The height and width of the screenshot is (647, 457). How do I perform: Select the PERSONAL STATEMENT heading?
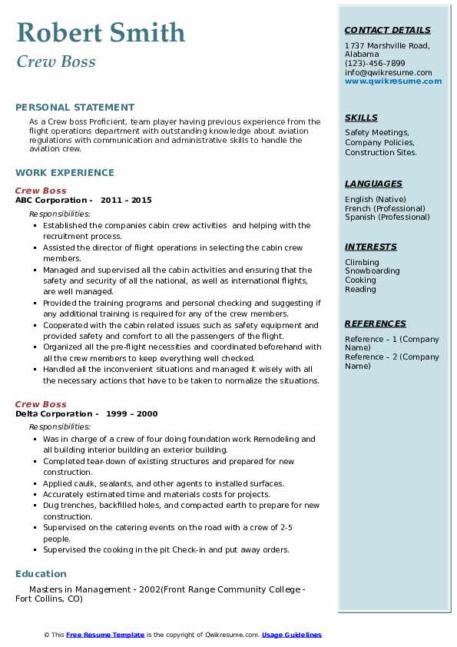tap(75, 108)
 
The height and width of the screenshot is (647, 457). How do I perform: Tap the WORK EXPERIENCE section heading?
tap(65, 173)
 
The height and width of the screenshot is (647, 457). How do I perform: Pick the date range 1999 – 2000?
tap(132, 414)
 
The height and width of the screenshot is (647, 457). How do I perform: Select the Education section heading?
tap(41, 573)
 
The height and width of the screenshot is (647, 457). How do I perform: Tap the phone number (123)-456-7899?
tap(375, 64)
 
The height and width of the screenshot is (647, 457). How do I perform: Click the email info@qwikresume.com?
tap(388, 73)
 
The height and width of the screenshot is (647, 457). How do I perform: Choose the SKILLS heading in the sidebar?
tap(361, 118)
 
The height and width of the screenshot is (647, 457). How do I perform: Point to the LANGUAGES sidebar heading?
tap(373, 184)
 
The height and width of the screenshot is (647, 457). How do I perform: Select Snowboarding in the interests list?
tap(372, 271)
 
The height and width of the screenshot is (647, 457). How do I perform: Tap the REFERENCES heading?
tap(376, 323)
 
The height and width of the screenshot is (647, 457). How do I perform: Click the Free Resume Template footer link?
tap(105, 635)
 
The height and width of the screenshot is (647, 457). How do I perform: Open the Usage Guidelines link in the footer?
tap(291, 635)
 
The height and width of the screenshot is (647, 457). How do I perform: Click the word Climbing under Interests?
tap(362, 262)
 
